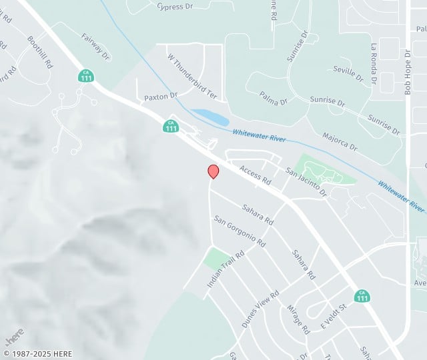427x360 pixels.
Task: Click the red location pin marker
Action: click(213, 171)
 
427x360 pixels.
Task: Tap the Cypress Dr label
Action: click(174, 7)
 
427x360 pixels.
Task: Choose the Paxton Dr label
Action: click(161, 97)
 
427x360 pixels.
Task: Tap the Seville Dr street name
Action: click(348, 73)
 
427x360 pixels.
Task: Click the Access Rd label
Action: click(256, 175)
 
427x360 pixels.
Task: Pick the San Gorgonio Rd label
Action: click(240, 230)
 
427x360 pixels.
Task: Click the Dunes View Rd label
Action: click(260, 308)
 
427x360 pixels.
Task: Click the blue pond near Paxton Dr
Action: click(210, 117)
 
